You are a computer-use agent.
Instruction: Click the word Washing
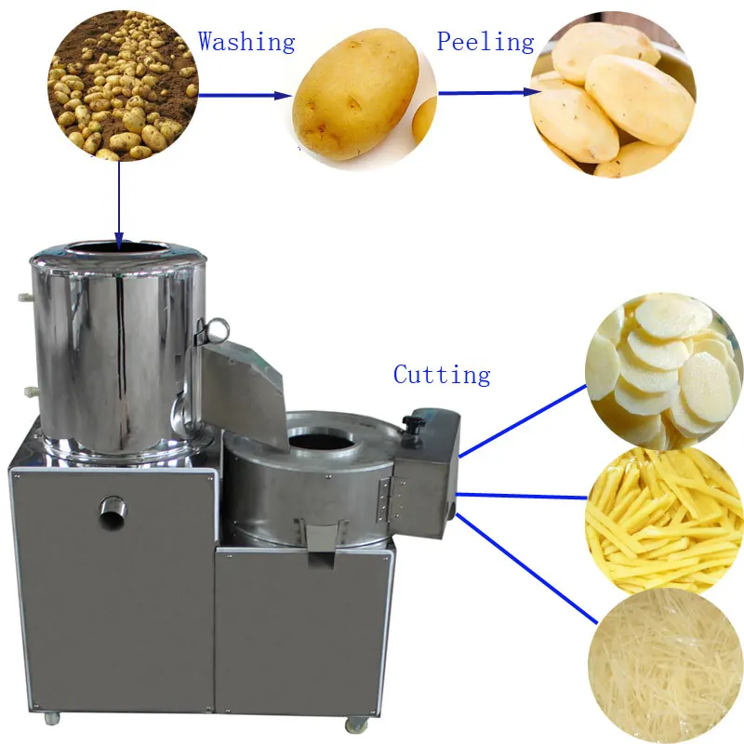(x=246, y=42)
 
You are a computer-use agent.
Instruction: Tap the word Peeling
(x=485, y=42)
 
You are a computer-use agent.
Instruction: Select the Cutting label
(x=442, y=375)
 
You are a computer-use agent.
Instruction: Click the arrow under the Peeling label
(x=489, y=92)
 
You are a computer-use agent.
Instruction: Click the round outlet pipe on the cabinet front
(x=113, y=509)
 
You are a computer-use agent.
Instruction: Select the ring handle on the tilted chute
(x=218, y=328)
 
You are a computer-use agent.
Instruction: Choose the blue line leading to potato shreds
(x=525, y=568)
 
